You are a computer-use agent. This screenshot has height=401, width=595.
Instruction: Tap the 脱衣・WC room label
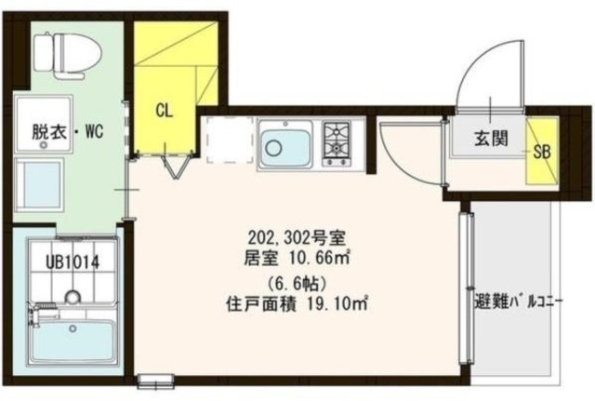(64, 133)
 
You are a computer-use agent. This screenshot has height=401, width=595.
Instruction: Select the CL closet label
(164, 111)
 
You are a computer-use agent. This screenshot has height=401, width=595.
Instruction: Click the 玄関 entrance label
(491, 140)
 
